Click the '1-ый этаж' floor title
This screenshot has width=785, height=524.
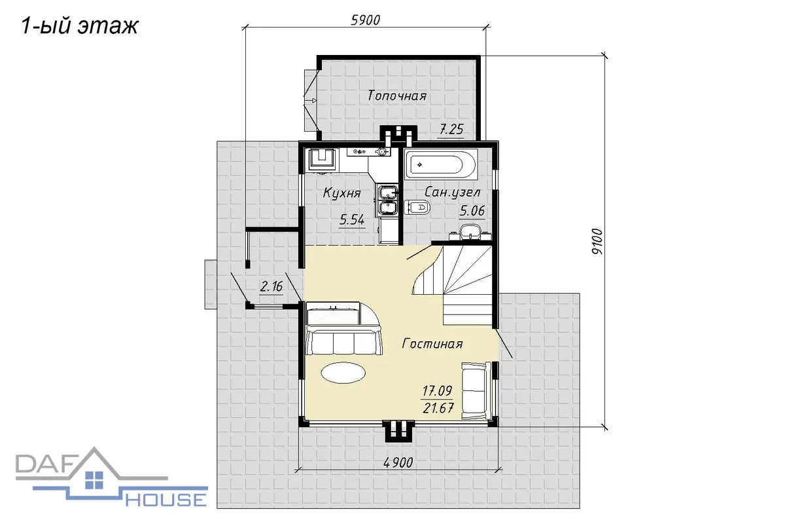pyautogui.click(x=80, y=26)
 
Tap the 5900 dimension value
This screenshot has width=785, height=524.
pyautogui.click(x=365, y=20)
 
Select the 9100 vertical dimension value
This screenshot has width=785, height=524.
pyautogui.click(x=597, y=242)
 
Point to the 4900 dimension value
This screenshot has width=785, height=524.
pyautogui.click(x=398, y=462)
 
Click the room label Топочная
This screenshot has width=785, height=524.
pyautogui.click(x=396, y=96)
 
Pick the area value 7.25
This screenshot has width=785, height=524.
pyautogui.click(x=451, y=130)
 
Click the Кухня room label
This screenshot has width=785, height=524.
pyautogui.click(x=341, y=193)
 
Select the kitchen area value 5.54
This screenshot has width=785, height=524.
pyautogui.click(x=352, y=219)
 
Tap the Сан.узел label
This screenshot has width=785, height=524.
pyautogui.click(x=452, y=193)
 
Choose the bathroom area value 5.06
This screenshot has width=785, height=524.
pyautogui.click(x=472, y=211)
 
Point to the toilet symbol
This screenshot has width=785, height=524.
pyautogui.click(x=417, y=208)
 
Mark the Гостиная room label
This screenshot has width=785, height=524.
pyautogui.click(x=432, y=344)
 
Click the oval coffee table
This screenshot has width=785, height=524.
pyautogui.click(x=343, y=373)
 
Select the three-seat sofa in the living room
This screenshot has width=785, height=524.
pyautogui.click(x=344, y=340)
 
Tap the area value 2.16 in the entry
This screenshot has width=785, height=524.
pyautogui.click(x=271, y=286)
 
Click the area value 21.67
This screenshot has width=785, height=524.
pyautogui.click(x=438, y=408)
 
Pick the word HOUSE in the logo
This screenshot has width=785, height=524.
pyautogui.click(x=166, y=500)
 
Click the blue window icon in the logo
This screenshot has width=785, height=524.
pyautogui.click(x=94, y=480)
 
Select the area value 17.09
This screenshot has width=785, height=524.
pyautogui.click(x=437, y=390)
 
